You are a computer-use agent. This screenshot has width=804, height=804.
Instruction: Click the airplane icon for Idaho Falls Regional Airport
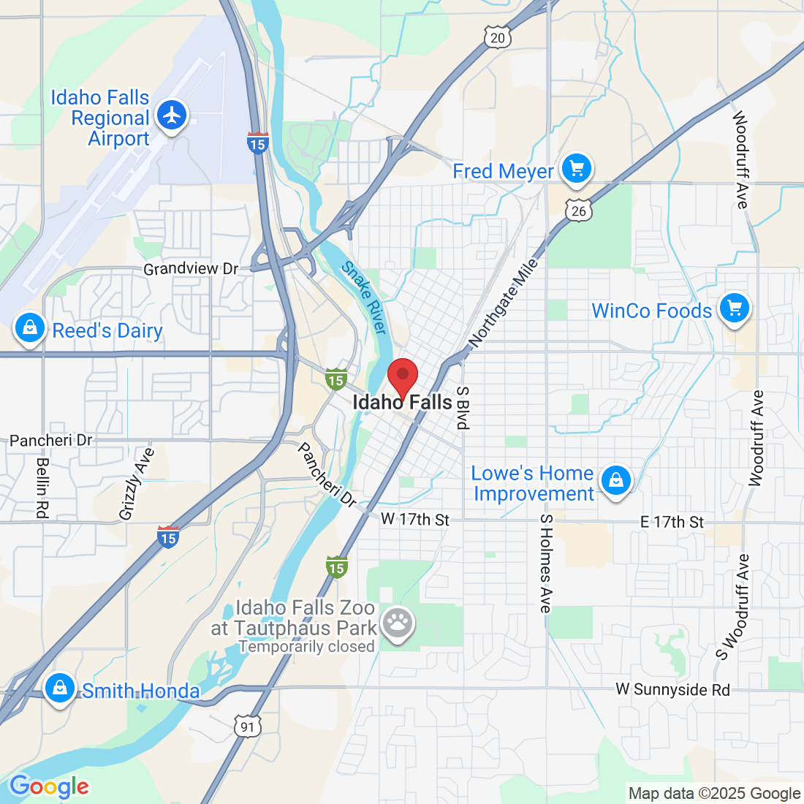[x=172, y=115]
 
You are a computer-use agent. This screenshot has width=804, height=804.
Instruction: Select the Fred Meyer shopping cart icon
[x=577, y=169]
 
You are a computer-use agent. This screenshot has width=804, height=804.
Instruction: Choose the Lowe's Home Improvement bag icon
[x=616, y=481]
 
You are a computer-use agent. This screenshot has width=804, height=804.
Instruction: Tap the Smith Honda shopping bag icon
[x=59, y=688]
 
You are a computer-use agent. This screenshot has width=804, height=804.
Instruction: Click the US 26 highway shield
[x=578, y=211]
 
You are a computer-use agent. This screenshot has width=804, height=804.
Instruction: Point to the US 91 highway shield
[x=248, y=726]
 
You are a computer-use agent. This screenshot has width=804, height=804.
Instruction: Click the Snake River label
[x=364, y=297]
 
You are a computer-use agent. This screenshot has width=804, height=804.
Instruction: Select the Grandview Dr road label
[x=191, y=269]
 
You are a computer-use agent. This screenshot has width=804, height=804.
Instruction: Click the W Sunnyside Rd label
[x=672, y=689]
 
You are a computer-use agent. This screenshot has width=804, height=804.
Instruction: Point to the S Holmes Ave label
[x=545, y=563]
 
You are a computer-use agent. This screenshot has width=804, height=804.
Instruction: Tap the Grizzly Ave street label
[x=137, y=484]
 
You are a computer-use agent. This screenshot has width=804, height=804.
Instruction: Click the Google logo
[x=48, y=786]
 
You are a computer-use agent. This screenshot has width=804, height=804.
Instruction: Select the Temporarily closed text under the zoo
[x=306, y=647]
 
